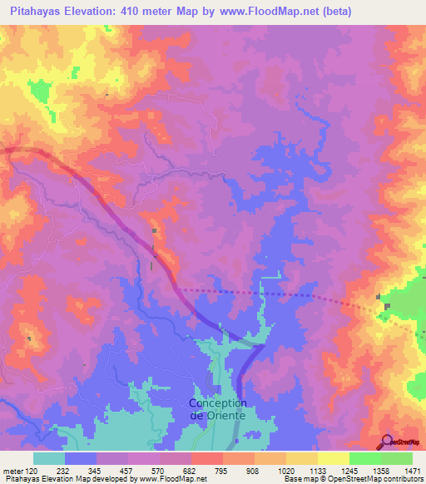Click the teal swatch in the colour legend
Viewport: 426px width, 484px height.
click(x=49, y=458)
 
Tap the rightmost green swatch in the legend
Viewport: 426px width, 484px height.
click(x=397, y=458)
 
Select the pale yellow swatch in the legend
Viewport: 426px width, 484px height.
click(x=334, y=458)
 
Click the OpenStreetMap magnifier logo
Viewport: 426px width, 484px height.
click(x=384, y=442)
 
